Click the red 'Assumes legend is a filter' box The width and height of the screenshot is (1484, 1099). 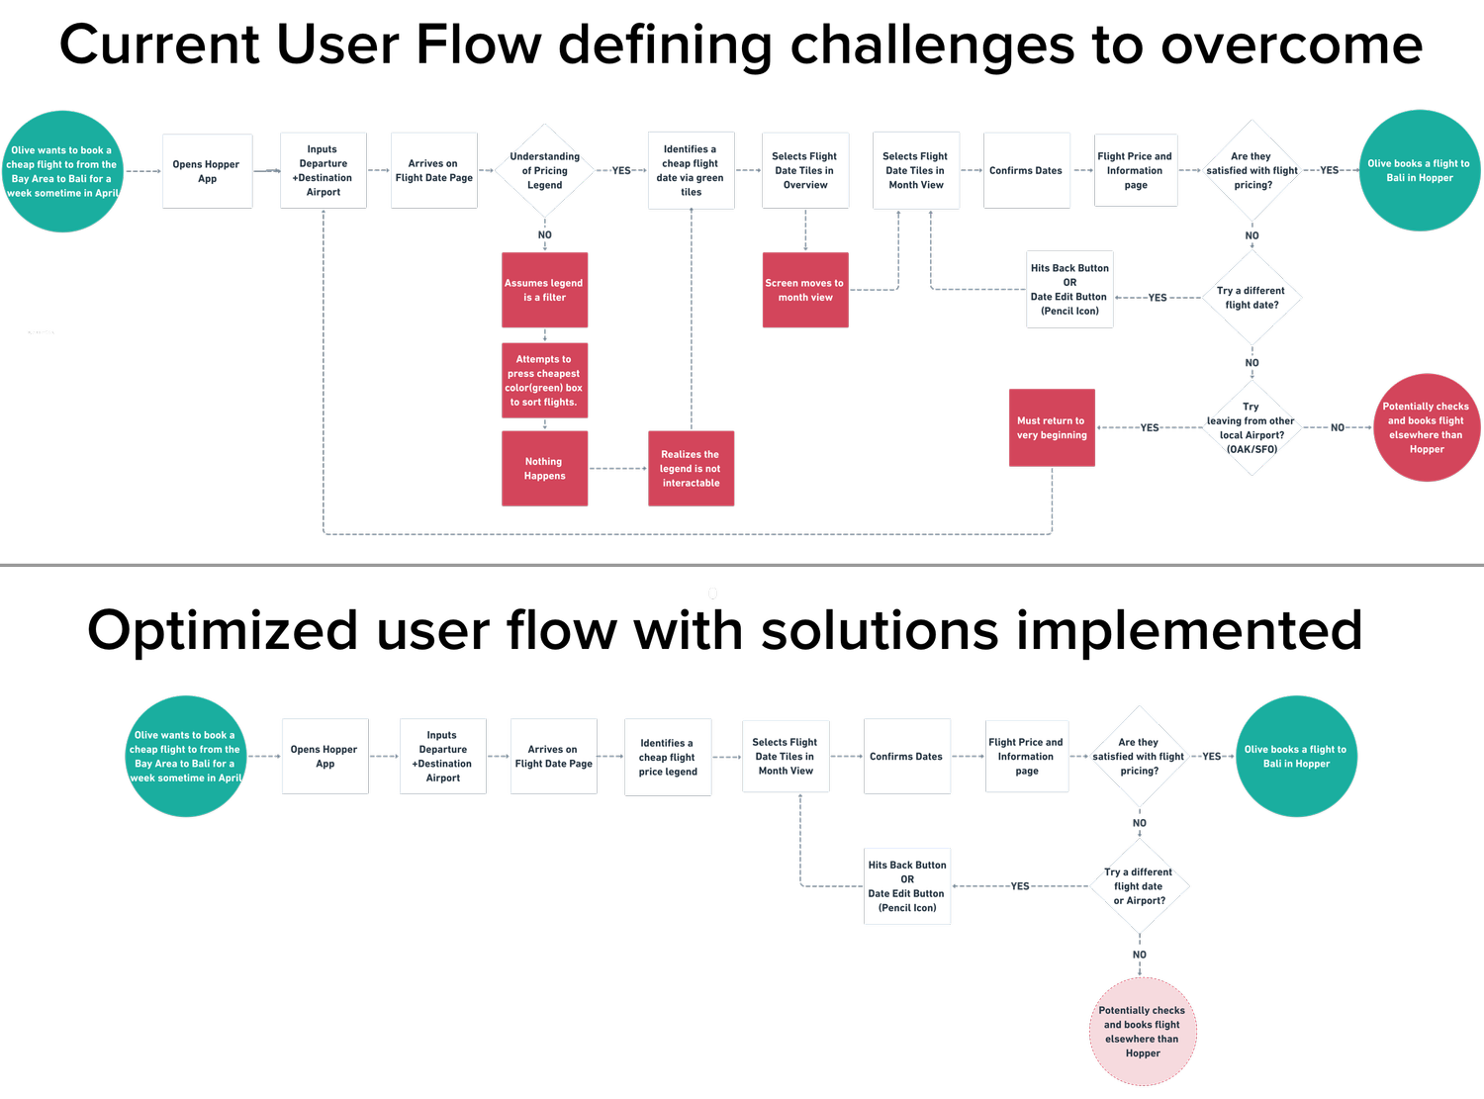545,290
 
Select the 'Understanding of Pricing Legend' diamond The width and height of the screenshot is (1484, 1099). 545,170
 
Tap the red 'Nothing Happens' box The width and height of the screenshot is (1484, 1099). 545,468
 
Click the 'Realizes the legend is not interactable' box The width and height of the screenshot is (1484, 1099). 691,468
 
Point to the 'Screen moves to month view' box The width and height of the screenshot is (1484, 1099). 805,290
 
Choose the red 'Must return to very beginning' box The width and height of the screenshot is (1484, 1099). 1052,427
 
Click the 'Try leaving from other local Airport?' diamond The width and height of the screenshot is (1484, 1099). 1252,427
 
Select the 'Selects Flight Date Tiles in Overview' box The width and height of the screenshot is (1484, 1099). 805,170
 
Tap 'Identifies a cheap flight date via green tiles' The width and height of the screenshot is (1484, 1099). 691,170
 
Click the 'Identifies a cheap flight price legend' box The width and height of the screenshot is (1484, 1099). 668,757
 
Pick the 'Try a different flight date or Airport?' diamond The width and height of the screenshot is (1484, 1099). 1140,886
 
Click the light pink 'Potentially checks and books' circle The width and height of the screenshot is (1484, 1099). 1143,1032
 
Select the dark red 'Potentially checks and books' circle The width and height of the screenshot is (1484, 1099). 1427,427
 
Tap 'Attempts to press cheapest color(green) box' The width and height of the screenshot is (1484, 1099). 545,381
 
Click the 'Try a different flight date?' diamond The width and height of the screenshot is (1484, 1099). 1252,297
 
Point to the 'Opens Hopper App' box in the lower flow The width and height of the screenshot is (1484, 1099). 325,757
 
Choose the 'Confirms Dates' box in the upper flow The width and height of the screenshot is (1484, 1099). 1026,170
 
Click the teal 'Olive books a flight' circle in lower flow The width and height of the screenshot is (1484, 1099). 1296,757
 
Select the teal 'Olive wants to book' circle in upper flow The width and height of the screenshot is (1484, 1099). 63,171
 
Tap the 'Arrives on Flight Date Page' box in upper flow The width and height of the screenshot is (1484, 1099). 434,170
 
